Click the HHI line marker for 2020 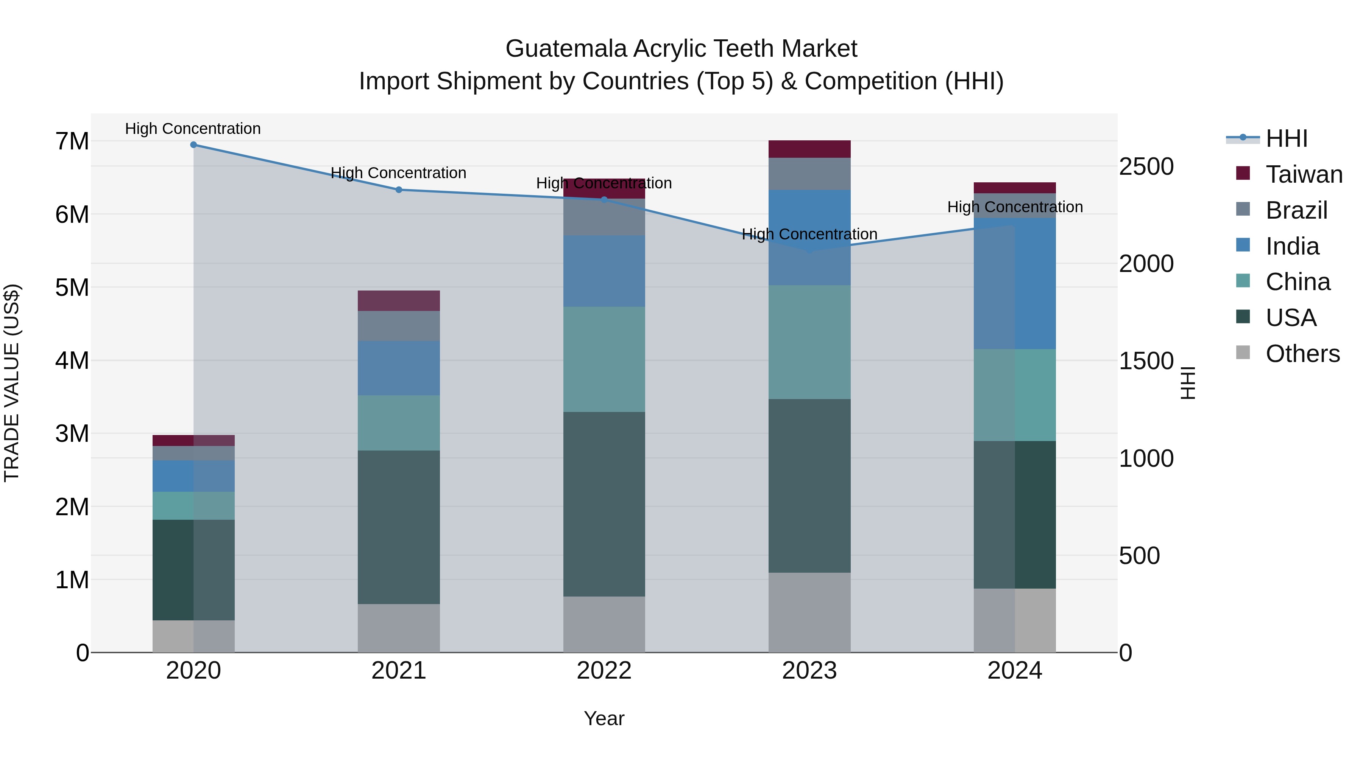[x=193, y=145]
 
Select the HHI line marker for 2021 [x=399, y=190]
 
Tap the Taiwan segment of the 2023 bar [x=809, y=149]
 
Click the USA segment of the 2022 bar [x=604, y=504]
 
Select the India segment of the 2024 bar [x=1014, y=283]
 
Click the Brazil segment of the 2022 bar [x=604, y=217]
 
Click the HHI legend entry [x=1286, y=138]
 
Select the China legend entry [x=1298, y=282]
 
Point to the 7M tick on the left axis [x=72, y=142]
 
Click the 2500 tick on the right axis [x=1146, y=166]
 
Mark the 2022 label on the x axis [x=604, y=671]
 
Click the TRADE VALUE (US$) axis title [x=12, y=383]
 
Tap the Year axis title [x=604, y=718]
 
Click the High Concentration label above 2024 [x=1014, y=207]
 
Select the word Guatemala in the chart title [x=566, y=49]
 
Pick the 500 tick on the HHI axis [x=1139, y=556]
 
